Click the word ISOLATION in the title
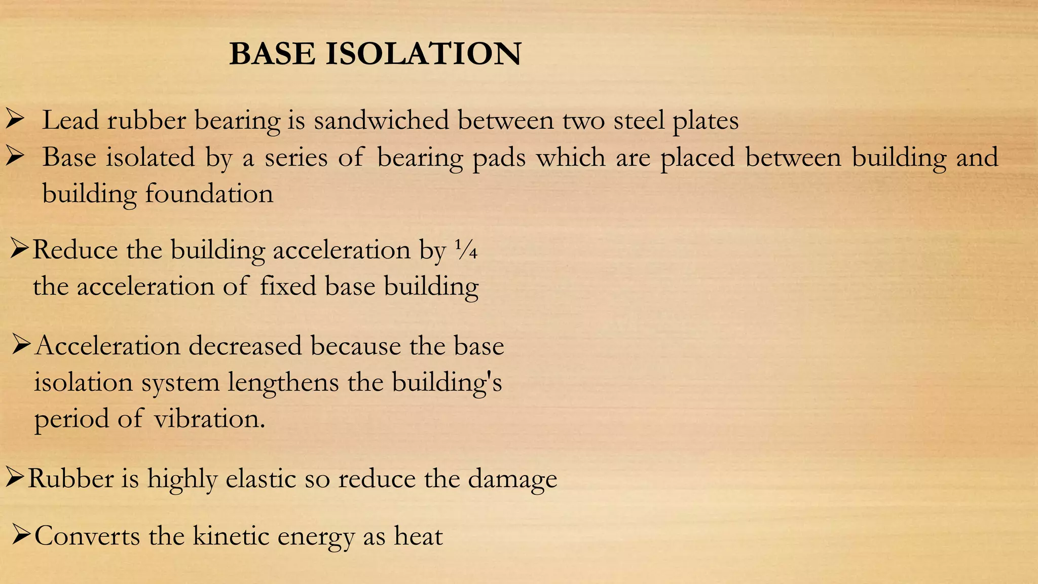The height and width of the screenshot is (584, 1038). [x=423, y=54]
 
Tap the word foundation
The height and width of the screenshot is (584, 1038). [x=209, y=194]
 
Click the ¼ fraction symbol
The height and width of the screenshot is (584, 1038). [x=466, y=250]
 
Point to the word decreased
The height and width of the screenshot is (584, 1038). [x=245, y=346]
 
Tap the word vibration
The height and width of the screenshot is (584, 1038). [x=209, y=419]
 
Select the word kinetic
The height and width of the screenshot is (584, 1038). [x=231, y=536]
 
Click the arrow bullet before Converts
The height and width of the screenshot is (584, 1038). [x=22, y=534]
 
